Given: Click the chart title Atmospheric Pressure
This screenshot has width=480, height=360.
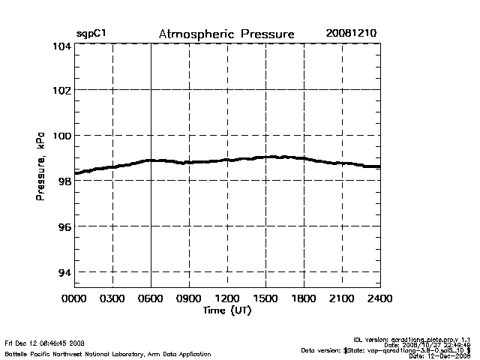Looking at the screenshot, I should coord(226,34).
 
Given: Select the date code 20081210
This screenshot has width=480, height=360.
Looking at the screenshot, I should coord(351,34).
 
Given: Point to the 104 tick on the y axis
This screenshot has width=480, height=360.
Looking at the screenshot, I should coord(61,46).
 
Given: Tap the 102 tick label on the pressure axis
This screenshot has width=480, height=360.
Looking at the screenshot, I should coord(61,90).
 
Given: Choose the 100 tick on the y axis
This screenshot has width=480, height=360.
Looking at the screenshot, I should coord(61,136).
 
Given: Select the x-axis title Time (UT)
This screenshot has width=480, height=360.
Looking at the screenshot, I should coord(226,310).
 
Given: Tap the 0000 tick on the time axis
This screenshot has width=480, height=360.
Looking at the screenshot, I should coord(75,298).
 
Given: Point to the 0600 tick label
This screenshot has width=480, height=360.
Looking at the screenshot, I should coord(151,298).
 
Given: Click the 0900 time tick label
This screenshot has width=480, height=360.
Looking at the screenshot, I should coord(189,298).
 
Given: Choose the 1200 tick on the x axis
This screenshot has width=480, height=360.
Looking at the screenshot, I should coord(227,298).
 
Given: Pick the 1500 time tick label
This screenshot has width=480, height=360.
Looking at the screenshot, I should coord(265,298).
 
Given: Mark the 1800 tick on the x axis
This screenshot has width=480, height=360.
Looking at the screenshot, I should coord(304,298).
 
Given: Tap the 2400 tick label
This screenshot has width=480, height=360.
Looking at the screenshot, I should coord(379,298).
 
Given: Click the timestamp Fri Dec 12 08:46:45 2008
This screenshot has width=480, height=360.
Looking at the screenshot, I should coord(44,343).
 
